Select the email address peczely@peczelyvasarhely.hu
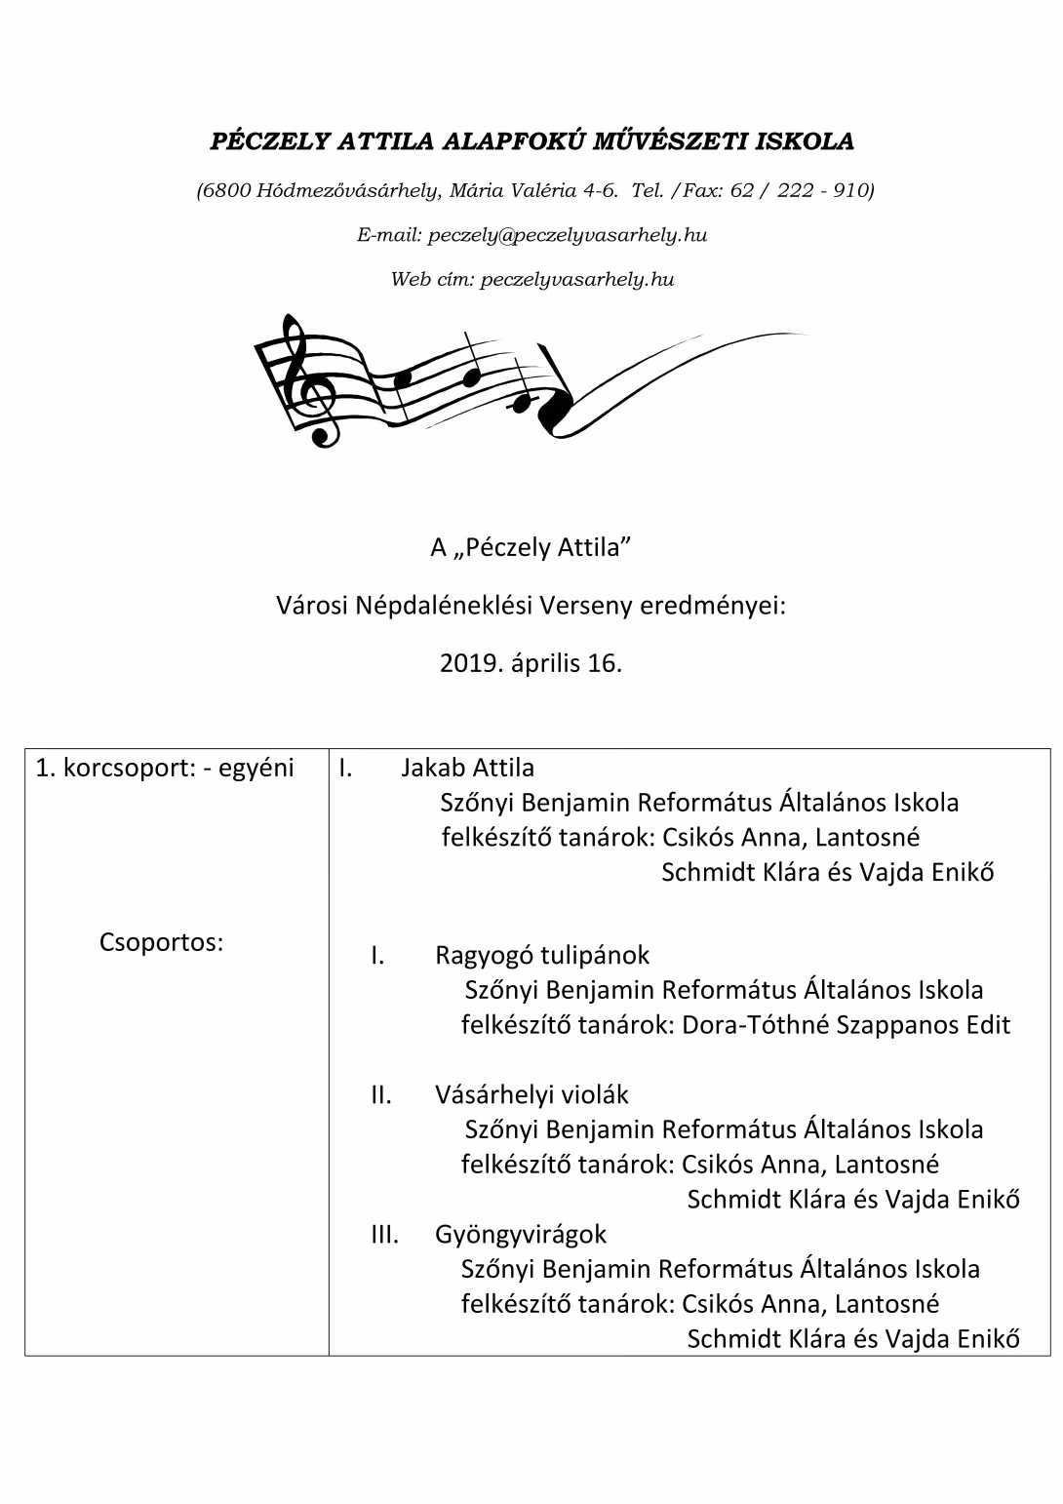tap(568, 235)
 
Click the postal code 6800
tap(226, 190)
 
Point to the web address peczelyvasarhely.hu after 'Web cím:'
tap(577, 280)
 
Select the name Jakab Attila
tap(467, 768)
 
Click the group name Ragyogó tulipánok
tap(542, 955)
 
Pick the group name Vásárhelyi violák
tap(531, 1094)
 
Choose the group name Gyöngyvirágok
tap(521, 1234)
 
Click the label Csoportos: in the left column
tap(161, 943)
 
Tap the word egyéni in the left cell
tap(256, 768)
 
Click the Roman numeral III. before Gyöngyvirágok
tap(384, 1234)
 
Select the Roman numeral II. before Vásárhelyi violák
tap(380, 1094)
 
